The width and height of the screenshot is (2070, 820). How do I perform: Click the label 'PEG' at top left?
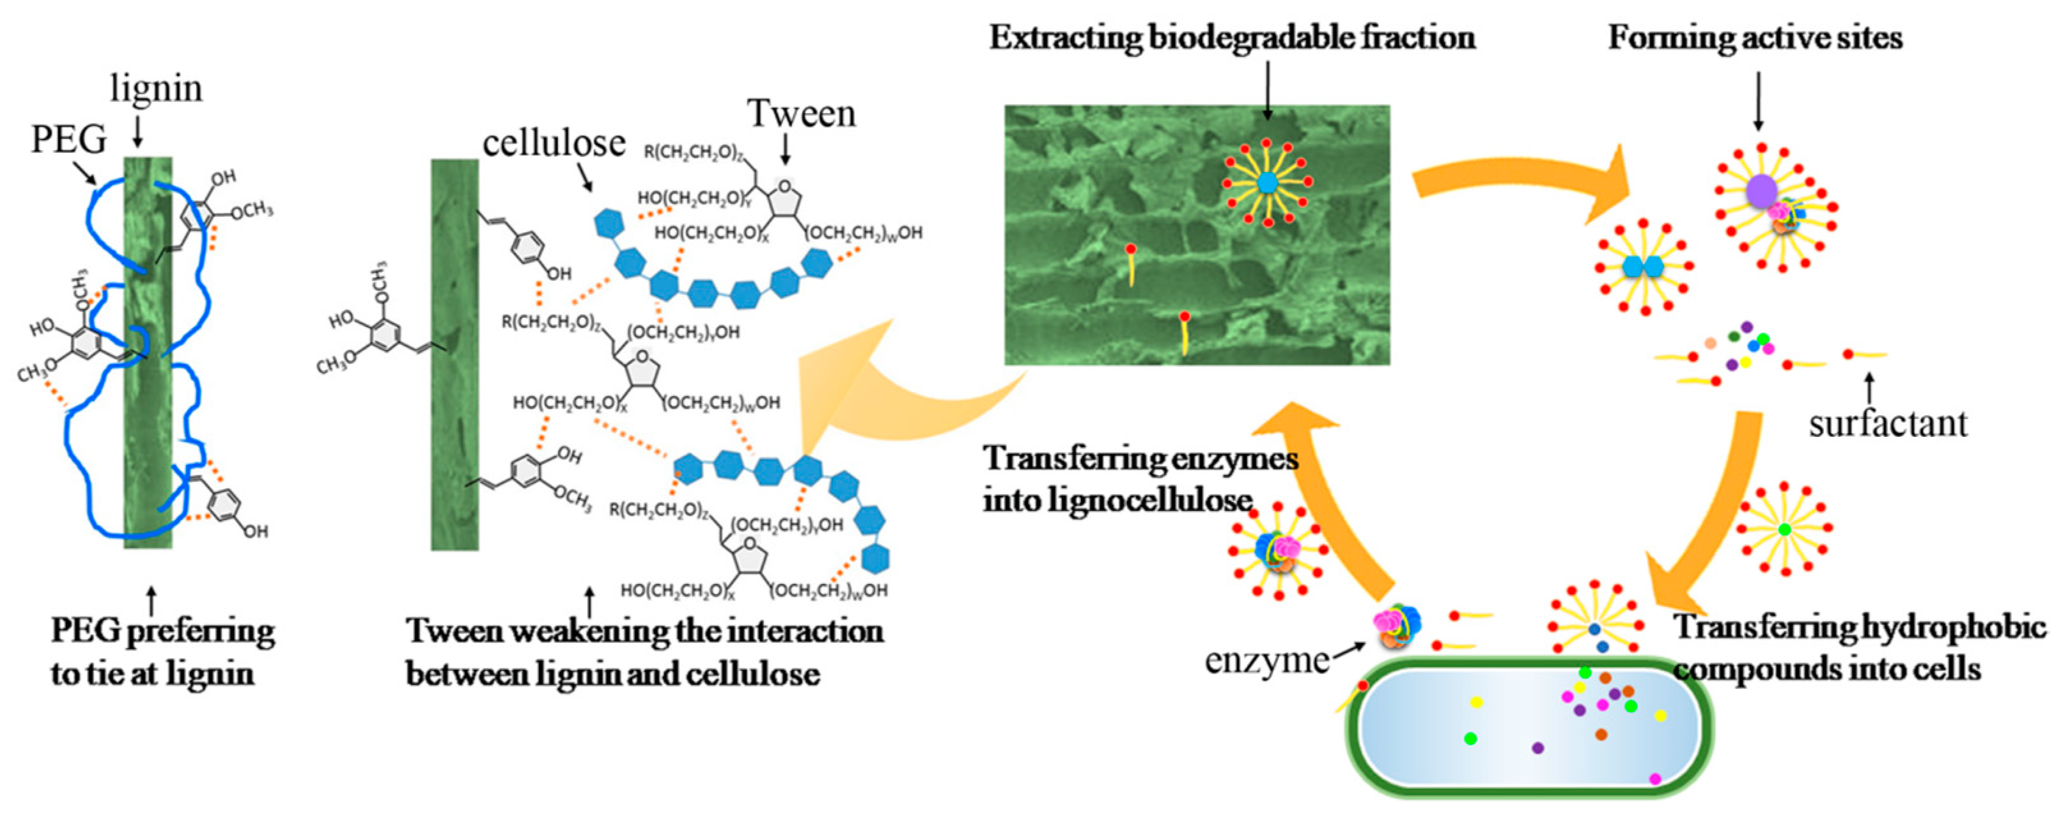[69, 139]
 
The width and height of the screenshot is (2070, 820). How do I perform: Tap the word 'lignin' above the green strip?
[156, 88]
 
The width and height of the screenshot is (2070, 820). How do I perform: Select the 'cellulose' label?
[554, 144]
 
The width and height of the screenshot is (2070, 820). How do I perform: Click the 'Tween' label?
[801, 113]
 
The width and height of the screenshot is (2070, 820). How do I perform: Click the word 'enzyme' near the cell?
[1266, 661]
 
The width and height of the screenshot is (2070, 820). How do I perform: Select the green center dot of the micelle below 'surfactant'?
[1784, 530]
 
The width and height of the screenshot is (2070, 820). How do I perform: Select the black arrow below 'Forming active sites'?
[1757, 100]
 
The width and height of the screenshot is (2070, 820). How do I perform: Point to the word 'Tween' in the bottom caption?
[455, 630]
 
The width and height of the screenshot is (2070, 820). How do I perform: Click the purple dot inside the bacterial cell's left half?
[1538, 748]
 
